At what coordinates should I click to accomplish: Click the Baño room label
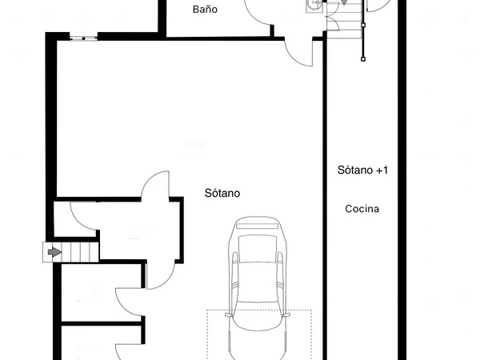tap(205, 10)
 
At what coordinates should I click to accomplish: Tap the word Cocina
tap(362, 209)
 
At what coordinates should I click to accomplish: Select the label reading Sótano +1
tap(362, 170)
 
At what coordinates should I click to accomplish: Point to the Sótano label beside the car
tap(222, 193)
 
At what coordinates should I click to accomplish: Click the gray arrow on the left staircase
tap(54, 252)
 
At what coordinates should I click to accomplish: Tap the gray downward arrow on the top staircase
tap(344, 2)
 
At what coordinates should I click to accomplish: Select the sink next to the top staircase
tap(314, 6)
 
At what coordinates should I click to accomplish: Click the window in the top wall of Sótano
tap(83, 38)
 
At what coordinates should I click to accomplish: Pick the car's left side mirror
tap(228, 314)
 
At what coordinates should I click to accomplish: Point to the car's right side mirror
tap(286, 314)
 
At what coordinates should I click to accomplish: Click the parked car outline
tap(257, 288)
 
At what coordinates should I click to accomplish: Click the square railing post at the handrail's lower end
tap(363, 59)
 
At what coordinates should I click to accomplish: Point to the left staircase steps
tap(70, 252)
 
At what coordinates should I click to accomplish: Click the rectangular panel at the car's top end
tap(257, 226)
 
